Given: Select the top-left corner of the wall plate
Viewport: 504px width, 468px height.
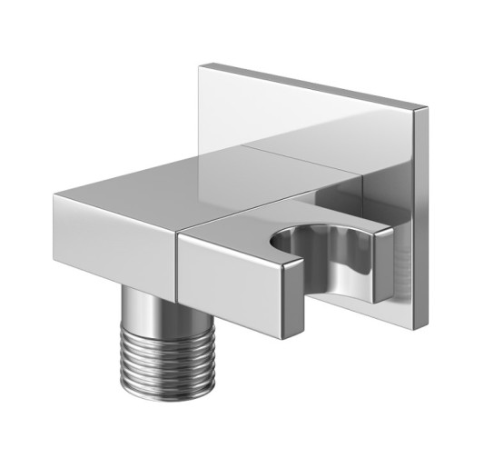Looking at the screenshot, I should [201, 65].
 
